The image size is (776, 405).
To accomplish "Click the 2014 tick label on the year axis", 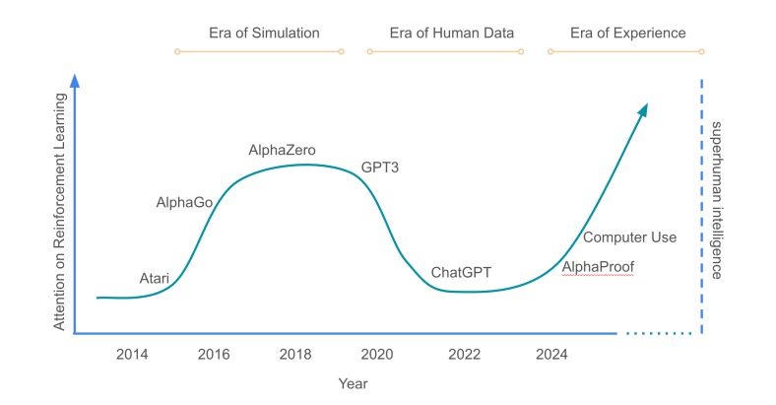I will coord(132,354).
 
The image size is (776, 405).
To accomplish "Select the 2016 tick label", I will coord(216,354).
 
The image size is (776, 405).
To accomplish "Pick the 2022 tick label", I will coord(465,354).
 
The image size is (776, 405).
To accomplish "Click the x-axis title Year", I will coord(353,382).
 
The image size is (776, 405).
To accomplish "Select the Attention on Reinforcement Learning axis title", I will coord(61,211).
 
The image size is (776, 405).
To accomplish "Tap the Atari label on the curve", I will coord(155,279).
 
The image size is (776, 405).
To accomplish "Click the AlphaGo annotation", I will coord(184,203).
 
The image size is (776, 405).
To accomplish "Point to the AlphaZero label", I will coord(282,150).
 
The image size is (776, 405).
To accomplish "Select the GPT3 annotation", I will coord(379,168).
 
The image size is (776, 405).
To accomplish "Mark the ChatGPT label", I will coord(461,272).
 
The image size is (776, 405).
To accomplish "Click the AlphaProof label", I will coord(598,267).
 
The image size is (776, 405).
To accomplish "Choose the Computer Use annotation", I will coord(629,237).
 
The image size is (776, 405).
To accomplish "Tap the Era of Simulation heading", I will coord(264,34).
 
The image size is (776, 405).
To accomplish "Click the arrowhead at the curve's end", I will coord(643,108).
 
